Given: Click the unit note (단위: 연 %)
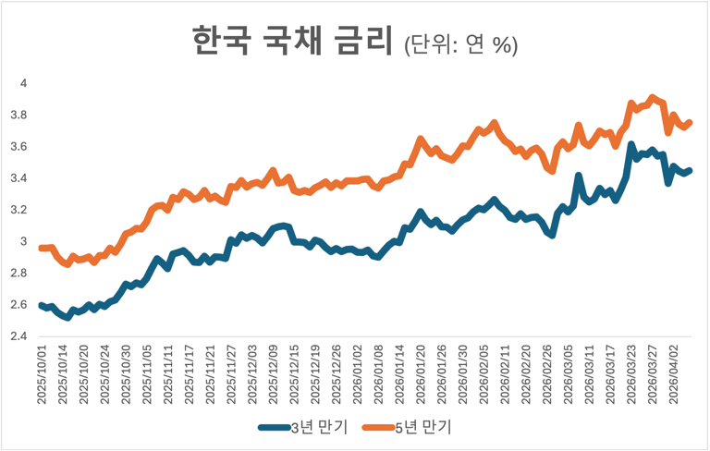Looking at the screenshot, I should click(460, 44).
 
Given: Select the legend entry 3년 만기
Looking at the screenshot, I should click(306, 426).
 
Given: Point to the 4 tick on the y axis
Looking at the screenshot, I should click(25, 83).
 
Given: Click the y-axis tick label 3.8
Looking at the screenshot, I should click(21, 116).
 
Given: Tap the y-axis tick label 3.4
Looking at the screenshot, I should click(21, 178).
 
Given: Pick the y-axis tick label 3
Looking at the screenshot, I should click(25, 241).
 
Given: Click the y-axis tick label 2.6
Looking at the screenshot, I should click(21, 305).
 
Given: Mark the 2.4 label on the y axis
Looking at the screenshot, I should click(21, 336).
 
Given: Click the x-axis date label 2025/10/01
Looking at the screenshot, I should click(43, 374).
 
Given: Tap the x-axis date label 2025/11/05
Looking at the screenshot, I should click(148, 374).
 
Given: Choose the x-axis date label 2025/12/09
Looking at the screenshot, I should click(274, 374).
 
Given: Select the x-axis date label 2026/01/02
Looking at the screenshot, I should click(358, 374).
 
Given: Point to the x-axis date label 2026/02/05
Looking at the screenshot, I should click(484, 374).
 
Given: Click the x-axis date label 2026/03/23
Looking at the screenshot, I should click(630, 374).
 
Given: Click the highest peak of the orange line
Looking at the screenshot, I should click(652, 97).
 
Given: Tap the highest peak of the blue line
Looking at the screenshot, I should click(631, 145).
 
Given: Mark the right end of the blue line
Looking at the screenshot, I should click(690, 170).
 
